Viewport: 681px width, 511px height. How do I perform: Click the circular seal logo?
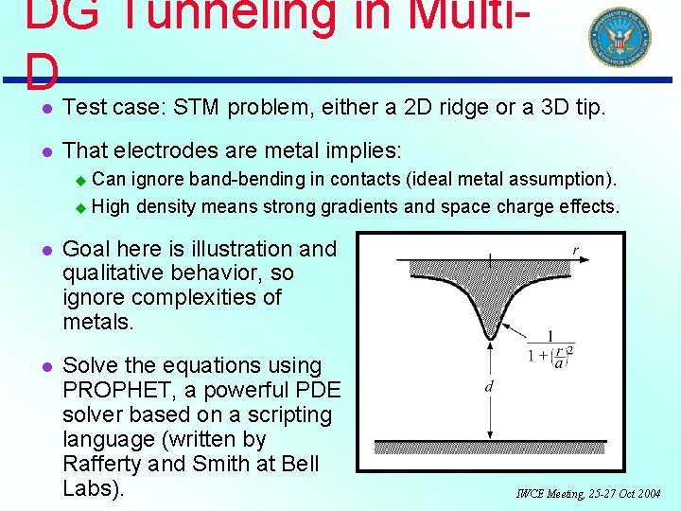[x=620, y=37]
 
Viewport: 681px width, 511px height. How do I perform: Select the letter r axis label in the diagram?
[x=575, y=250]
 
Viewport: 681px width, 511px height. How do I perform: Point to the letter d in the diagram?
[x=490, y=387]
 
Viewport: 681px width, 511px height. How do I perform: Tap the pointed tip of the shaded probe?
[x=490, y=336]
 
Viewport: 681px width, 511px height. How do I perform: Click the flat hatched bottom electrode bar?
[x=490, y=447]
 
